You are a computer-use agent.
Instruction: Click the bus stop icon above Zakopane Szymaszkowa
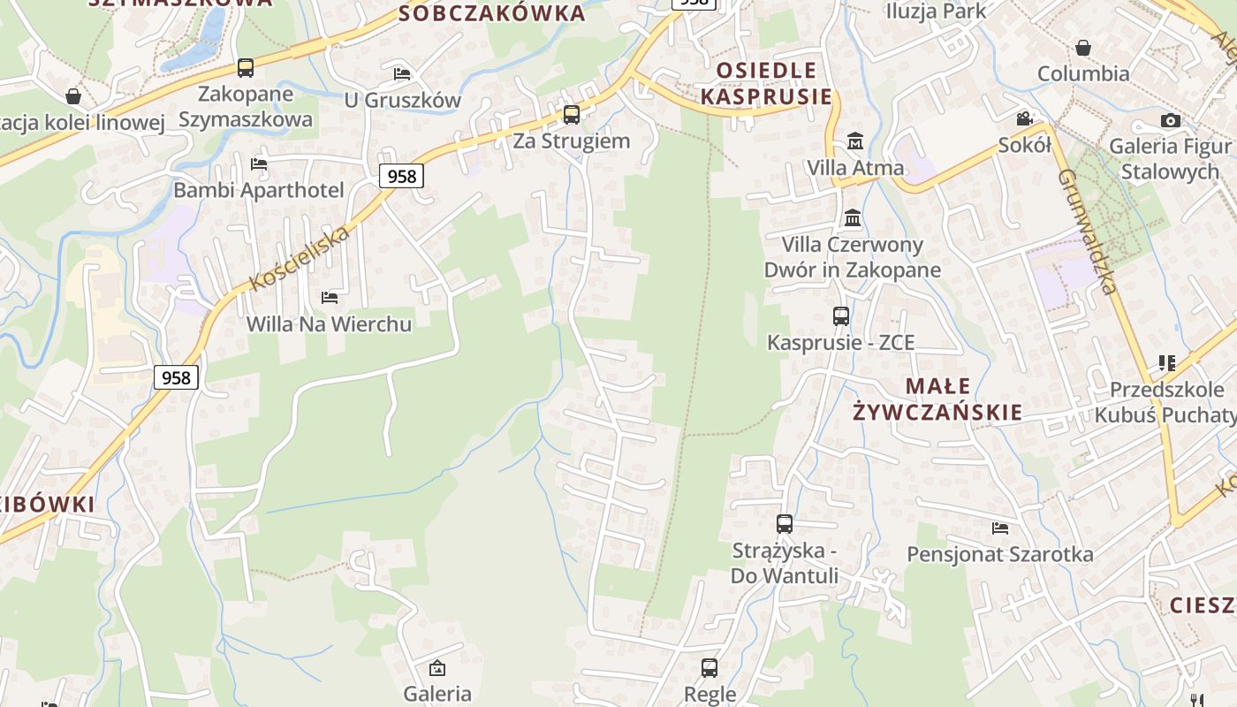(x=246, y=67)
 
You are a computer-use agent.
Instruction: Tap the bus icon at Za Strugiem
(x=572, y=114)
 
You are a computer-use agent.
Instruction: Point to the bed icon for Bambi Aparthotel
(x=259, y=163)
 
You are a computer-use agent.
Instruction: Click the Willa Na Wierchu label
(x=329, y=323)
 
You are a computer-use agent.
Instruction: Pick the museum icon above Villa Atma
(x=855, y=141)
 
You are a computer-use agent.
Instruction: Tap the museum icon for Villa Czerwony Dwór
(x=853, y=217)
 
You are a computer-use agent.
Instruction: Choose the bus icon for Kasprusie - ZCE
(x=841, y=315)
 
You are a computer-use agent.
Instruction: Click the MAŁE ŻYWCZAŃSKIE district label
(x=937, y=399)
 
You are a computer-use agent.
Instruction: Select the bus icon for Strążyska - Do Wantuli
(x=785, y=523)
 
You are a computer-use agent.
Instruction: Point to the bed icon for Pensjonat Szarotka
(x=1000, y=528)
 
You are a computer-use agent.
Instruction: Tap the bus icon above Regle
(x=710, y=667)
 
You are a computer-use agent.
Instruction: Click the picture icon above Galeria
(x=436, y=668)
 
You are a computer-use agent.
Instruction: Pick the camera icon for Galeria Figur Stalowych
(x=1171, y=120)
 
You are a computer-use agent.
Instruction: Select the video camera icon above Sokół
(x=1025, y=118)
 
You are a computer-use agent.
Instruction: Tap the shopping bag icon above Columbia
(x=1083, y=48)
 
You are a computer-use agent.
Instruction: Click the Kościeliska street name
(x=300, y=257)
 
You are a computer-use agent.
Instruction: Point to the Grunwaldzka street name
(x=1088, y=231)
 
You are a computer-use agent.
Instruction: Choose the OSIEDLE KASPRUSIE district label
(x=767, y=83)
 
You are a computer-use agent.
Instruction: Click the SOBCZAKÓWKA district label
(x=492, y=13)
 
